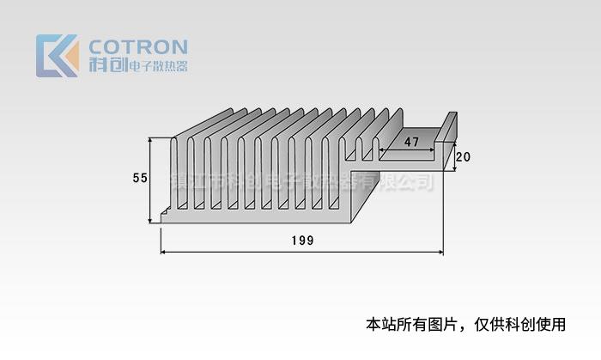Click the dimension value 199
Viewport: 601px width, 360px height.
pos(302,241)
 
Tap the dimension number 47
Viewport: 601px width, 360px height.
pos(411,143)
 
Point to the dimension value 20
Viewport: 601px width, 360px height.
pos(463,157)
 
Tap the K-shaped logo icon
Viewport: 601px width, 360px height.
pos(57,56)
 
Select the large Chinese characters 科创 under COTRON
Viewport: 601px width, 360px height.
pos(107,64)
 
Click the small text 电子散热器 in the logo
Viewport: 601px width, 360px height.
pos(158,66)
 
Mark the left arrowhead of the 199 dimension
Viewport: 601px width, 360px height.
pos(165,253)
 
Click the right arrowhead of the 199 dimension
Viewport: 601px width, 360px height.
pos(440,253)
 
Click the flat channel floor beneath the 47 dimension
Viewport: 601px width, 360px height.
pos(404,157)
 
